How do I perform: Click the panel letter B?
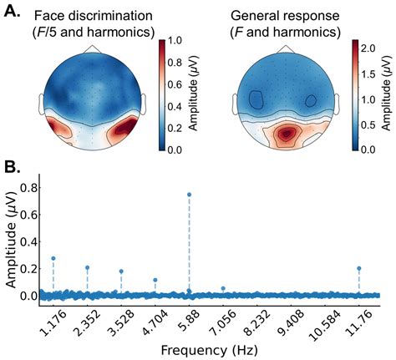[x=14, y=165]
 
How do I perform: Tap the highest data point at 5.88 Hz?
[x=190, y=194]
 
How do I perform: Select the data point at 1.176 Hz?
[x=53, y=258]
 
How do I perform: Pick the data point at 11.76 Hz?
[x=359, y=268]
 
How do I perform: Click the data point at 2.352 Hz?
[x=88, y=267]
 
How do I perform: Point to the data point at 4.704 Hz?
[x=155, y=280]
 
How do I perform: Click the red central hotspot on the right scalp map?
[x=288, y=133]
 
